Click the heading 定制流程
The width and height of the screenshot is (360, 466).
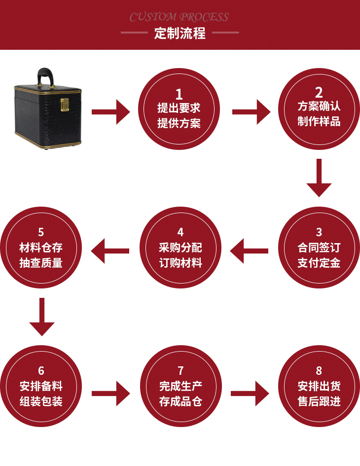point(180,34)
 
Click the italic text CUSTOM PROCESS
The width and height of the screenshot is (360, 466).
point(180,17)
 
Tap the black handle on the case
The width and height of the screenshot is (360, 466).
point(45,76)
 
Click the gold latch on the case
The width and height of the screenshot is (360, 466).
point(64,105)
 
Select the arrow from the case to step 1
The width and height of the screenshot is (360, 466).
point(110,112)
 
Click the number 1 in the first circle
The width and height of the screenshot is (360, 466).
point(179,94)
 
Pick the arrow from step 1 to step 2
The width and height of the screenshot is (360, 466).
point(251,112)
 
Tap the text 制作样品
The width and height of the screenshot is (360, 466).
point(319,122)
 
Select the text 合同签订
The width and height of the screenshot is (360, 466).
point(319,248)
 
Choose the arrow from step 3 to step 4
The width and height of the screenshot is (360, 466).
point(249,251)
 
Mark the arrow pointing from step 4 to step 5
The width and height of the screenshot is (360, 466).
point(110,251)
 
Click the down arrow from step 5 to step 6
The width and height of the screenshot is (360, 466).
point(42,317)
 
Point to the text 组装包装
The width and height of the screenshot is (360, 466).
point(41,401)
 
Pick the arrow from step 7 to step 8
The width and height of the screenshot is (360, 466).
point(250,393)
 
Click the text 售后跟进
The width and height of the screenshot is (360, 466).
point(319,401)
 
